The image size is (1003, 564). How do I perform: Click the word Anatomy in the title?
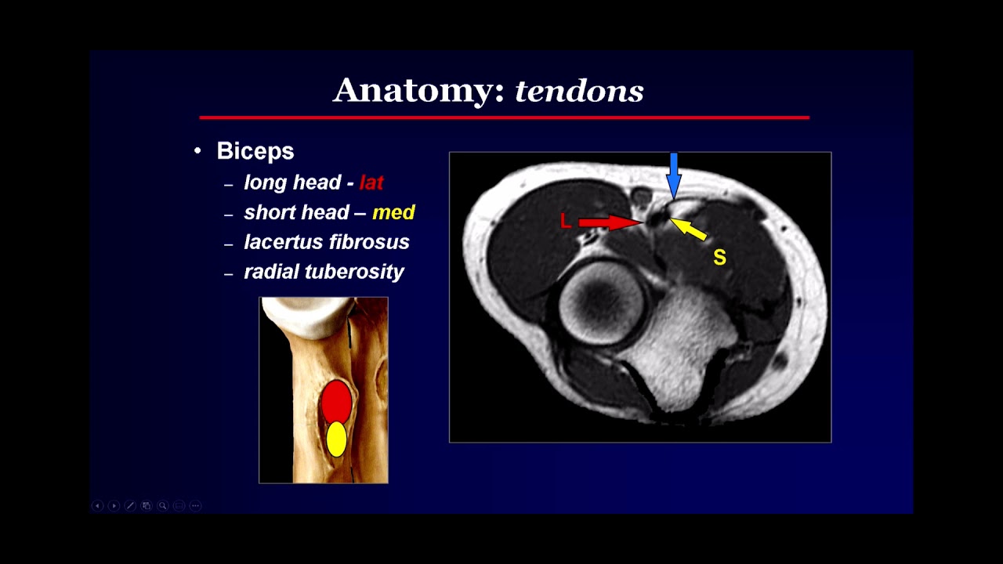pyautogui.click(x=418, y=91)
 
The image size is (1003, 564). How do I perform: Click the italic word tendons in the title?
pyautogui.click(x=579, y=92)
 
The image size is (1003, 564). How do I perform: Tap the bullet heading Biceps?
pyautogui.click(x=255, y=151)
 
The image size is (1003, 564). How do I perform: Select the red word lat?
pyautogui.click(x=371, y=183)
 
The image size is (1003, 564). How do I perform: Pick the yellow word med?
pyautogui.click(x=393, y=212)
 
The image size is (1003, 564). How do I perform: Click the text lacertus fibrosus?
pyautogui.click(x=327, y=242)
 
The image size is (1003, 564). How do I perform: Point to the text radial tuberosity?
pyautogui.click(x=324, y=272)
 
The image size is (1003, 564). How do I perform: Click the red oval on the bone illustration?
pyautogui.click(x=336, y=400)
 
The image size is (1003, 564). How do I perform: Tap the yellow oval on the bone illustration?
pyautogui.click(x=336, y=439)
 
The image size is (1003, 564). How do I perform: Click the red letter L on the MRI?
pyautogui.click(x=566, y=222)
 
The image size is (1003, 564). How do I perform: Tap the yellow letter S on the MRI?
pyautogui.click(x=719, y=258)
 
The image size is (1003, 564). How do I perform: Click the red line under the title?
pyautogui.click(x=504, y=117)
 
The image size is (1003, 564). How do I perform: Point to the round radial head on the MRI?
pyautogui.click(x=602, y=303)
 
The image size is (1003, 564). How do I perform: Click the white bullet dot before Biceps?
pyautogui.click(x=197, y=150)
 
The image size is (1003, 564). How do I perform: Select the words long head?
pyautogui.click(x=292, y=183)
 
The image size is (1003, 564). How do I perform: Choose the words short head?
pyautogui.click(x=296, y=212)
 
